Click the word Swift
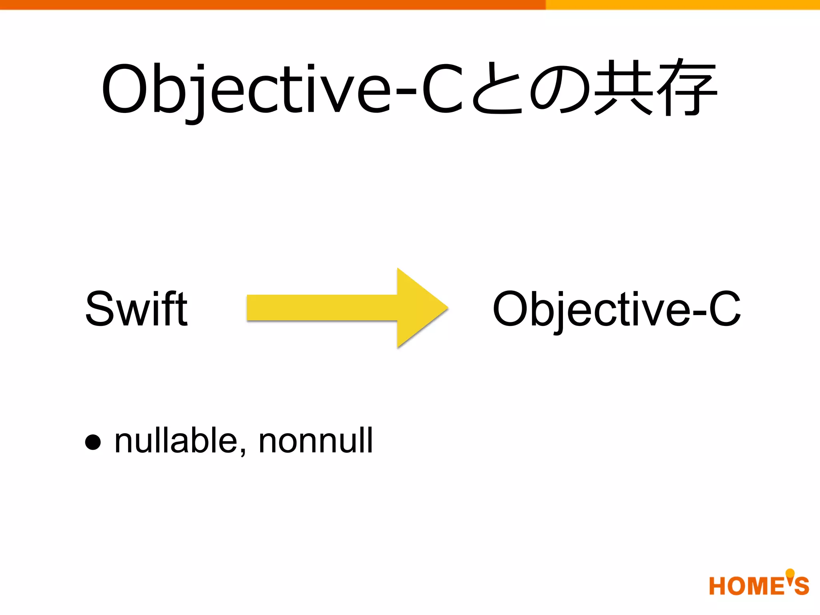coord(136,308)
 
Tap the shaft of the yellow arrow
coord(320,307)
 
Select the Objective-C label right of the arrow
coord(617,309)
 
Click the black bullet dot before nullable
coord(93,442)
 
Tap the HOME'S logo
coord(758,585)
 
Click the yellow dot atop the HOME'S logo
coord(790,573)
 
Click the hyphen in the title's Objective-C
coord(406,91)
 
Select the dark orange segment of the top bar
coord(272,4)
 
